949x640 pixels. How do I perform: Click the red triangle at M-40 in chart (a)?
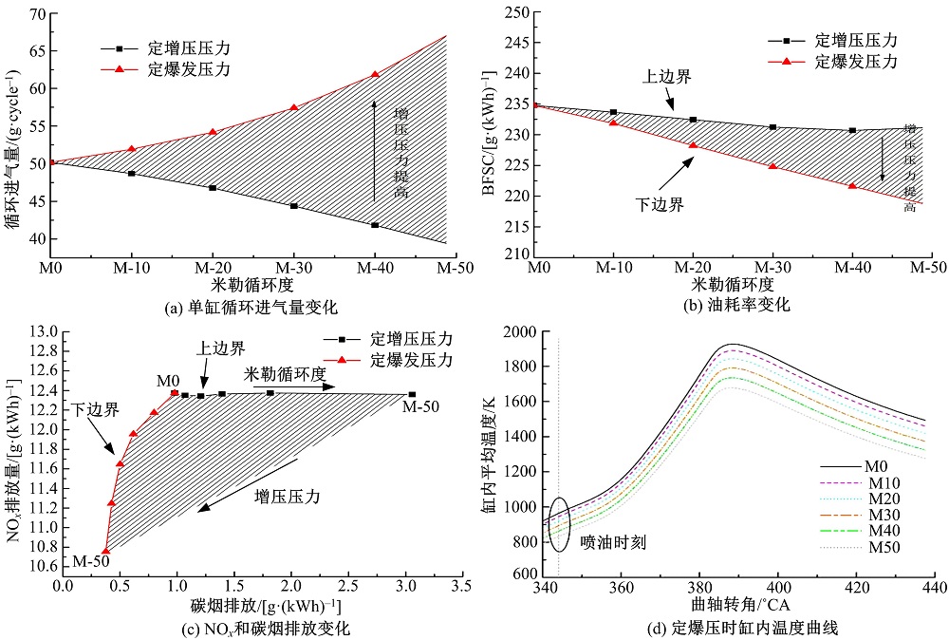375,74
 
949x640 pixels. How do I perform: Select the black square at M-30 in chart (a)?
294,206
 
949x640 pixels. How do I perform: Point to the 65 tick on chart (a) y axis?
38,50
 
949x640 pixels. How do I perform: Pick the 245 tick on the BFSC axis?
515,44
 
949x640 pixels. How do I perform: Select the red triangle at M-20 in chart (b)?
693,145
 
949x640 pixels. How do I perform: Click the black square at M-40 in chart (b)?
852,130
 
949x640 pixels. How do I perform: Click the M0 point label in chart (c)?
169,380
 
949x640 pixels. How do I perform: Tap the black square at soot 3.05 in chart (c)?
412,394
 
